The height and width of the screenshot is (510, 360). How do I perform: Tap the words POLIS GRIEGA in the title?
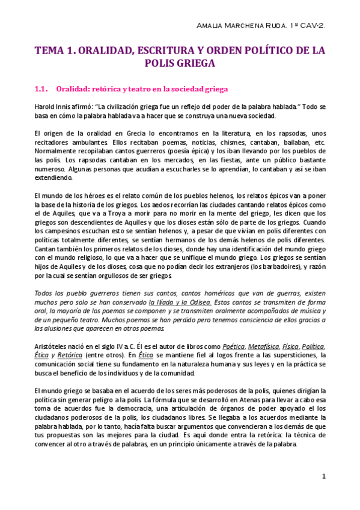180,63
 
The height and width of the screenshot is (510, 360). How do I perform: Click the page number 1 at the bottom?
323,477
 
